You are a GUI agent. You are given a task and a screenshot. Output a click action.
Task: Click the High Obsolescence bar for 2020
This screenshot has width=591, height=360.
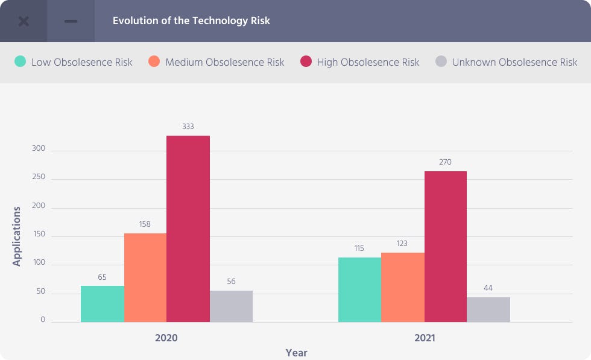[x=188, y=229]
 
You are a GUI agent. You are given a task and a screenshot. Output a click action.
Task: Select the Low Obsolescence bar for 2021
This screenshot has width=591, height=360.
[x=359, y=289]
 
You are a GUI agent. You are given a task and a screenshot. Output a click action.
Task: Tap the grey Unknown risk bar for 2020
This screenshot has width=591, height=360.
[x=231, y=306]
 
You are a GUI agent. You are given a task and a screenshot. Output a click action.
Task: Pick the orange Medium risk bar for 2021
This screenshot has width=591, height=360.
[x=402, y=287]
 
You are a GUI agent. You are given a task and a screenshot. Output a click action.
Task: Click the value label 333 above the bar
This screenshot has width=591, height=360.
[x=188, y=127]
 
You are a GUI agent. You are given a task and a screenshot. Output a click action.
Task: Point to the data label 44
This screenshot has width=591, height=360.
[x=488, y=288]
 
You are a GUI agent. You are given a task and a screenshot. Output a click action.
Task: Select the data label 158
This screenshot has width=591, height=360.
[x=145, y=224]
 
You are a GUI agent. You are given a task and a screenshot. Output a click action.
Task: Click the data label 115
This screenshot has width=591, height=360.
[x=359, y=248]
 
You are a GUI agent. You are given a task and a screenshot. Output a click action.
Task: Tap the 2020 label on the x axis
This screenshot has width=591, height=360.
[x=166, y=338]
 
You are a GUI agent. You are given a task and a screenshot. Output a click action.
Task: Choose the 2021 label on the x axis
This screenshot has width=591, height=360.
[x=425, y=338]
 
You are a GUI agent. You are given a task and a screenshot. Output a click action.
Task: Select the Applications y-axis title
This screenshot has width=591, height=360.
[x=17, y=236]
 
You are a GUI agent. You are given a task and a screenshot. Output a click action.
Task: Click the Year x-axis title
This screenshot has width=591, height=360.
[x=296, y=353]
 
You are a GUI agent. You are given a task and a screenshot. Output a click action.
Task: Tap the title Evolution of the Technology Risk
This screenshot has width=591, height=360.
[x=191, y=21]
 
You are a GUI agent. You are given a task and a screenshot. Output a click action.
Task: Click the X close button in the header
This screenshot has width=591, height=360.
[x=24, y=21]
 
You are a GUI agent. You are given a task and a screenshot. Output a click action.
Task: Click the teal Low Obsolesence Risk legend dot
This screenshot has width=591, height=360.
[x=21, y=62]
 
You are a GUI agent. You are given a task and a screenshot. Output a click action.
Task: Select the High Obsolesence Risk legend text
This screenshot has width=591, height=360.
[x=368, y=62]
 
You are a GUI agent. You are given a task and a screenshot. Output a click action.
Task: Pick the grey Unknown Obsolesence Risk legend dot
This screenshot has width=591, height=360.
[x=441, y=62]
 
